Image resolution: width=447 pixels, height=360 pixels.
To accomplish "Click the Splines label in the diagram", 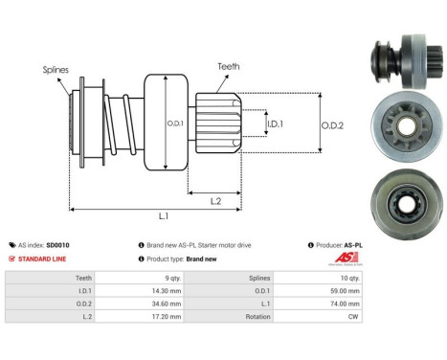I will [56, 69].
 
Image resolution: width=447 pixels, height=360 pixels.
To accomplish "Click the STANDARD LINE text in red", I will [44, 259].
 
